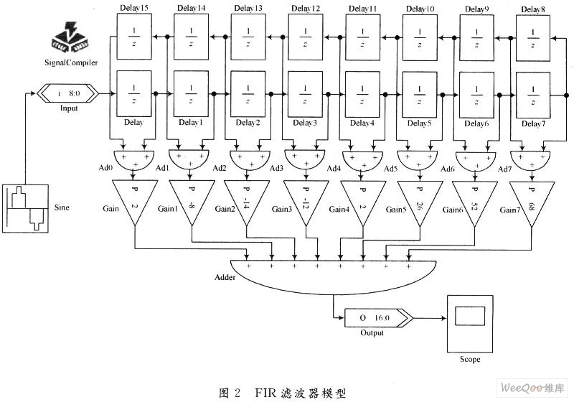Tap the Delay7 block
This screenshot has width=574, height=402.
[x=532, y=93]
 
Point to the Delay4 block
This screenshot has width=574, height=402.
[x=362, y=93]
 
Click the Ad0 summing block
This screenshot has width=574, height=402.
[x=133, y=158]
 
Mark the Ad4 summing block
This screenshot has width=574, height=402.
[x=362, y=158]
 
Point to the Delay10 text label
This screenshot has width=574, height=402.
[x=420, y=9]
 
